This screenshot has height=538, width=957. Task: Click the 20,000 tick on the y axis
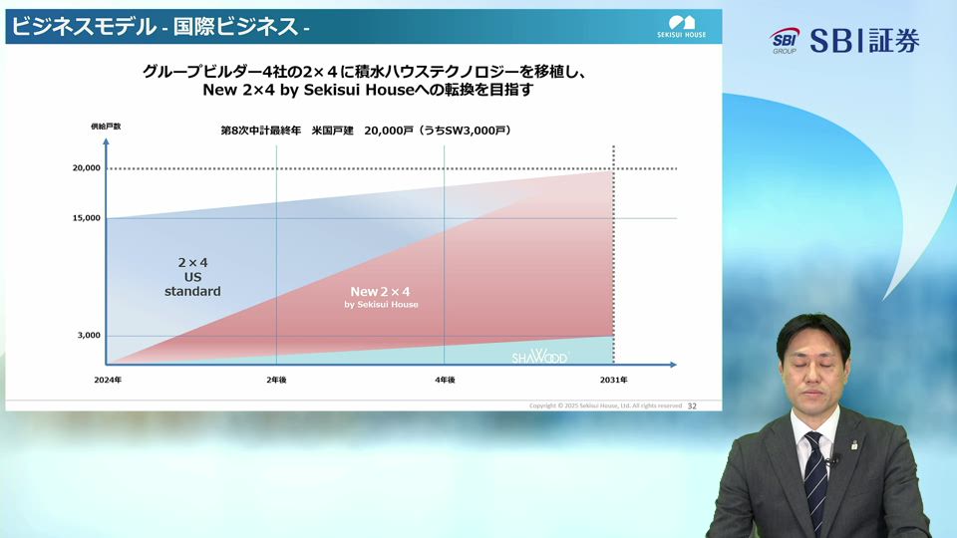pyautogui.click(x=87, y=168)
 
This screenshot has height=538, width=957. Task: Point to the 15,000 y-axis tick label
pyautogui.click(x=87, y=218)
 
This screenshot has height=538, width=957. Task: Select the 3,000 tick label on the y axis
pyautogui.click(x=90, y=336)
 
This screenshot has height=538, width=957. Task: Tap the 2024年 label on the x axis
pyautogui.click(x=107, y=381)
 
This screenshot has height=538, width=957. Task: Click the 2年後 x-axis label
pyautogui.click(x=276, y=381)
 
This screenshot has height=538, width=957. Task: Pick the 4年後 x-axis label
pyautogui.click(x=445, y=381)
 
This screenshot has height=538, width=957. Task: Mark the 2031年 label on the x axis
pyautogui.click(x=614, y=381)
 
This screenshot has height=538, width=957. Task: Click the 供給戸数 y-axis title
pyautogui.click(x=106, y=127)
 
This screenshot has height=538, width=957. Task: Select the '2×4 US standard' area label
pyautogui.click(x=192, y=277)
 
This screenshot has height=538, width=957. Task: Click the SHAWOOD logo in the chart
pyautogui.click(x=539, y=356)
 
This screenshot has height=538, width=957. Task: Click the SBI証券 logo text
pyautogui.click(x=863, y=41)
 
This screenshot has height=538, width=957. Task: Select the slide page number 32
pyautogui.click(x=692, y=405)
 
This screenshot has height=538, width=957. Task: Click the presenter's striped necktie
pyautogui.click(x=815, y=477)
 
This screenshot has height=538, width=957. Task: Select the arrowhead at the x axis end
pyautogui.click(x=674, y=363)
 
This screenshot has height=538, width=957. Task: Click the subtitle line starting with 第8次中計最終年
pyautogui.click(x=365, y=131)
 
